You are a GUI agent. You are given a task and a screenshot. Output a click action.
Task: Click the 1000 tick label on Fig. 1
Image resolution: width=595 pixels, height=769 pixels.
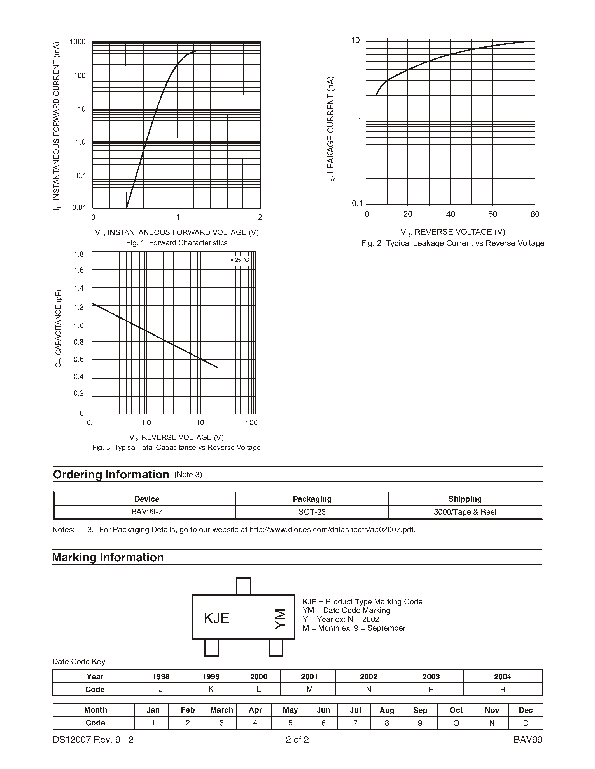77,42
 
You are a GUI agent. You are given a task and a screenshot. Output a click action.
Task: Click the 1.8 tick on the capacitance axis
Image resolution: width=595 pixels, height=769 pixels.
79,254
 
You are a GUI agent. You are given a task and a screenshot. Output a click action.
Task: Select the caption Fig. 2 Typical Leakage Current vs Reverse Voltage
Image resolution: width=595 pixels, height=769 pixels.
452,243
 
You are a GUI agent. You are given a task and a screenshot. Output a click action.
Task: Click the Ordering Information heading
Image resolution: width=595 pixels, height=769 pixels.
111,475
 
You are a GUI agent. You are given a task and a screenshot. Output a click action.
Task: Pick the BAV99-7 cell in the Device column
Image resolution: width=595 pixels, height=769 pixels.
147,512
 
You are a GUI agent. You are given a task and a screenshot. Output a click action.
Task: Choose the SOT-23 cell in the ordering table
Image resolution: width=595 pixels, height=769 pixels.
312,512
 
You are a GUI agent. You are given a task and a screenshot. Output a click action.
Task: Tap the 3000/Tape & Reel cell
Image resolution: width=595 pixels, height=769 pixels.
465,512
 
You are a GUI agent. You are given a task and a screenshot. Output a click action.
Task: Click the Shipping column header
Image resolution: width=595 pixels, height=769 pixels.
465,499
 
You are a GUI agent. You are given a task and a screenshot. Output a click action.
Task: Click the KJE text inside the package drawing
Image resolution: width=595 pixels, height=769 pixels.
216,618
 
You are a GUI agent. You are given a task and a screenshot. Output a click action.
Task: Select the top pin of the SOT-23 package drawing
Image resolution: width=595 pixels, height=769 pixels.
244,586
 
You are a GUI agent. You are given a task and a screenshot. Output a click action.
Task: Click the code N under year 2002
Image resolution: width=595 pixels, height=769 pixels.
368,689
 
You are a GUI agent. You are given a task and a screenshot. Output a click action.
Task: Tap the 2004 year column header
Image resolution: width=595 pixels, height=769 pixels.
502,676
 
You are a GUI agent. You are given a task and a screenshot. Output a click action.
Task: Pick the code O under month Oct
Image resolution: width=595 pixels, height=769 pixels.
456,723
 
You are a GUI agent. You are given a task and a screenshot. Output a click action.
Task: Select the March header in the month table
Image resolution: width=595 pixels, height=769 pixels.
221,710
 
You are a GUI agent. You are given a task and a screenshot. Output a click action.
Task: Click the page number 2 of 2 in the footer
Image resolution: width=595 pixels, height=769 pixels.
297,739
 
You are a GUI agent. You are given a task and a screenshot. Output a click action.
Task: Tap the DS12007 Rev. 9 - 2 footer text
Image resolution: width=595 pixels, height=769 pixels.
93,739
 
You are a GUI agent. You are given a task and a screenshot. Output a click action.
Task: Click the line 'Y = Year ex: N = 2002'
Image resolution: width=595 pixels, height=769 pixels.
341,619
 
